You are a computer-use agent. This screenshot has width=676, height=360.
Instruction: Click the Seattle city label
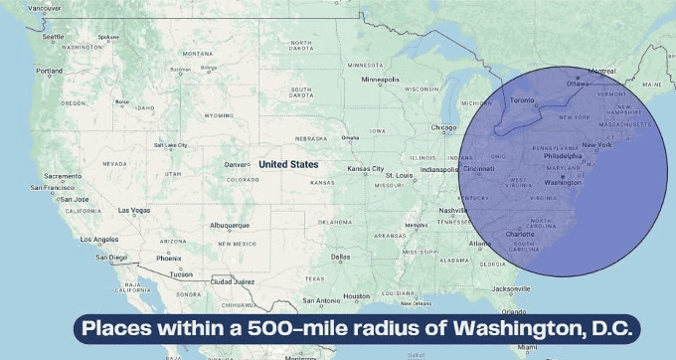pos(54,37)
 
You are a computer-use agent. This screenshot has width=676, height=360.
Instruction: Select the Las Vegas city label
pos(134,210)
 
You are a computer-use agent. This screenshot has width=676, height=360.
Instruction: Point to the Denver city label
pos(236,164)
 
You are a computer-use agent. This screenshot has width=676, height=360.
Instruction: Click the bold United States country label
pos(288,164)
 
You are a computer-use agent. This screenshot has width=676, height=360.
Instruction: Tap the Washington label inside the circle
pos(563,183)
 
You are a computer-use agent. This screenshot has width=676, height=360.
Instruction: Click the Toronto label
pos(523,100)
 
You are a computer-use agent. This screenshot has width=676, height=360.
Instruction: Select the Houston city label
pos(356,296)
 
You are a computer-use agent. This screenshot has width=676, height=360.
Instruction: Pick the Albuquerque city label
pos(231,226)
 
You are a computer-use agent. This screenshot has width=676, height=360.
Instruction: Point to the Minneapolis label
pos(380,79)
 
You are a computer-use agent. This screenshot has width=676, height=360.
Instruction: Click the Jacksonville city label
pos(511,288)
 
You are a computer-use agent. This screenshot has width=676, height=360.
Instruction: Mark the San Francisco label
pos(51,187)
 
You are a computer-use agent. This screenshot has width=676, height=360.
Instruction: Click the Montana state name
pos(197,53)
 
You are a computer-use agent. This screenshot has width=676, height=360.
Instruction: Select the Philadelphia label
pos(563,155)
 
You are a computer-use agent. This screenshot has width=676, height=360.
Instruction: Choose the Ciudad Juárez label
pos(233,281)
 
